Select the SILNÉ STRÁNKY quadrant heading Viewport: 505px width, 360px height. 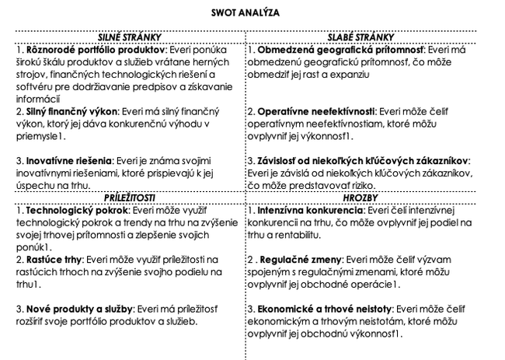(129, 37)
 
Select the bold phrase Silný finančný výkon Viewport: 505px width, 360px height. (60, 111)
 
